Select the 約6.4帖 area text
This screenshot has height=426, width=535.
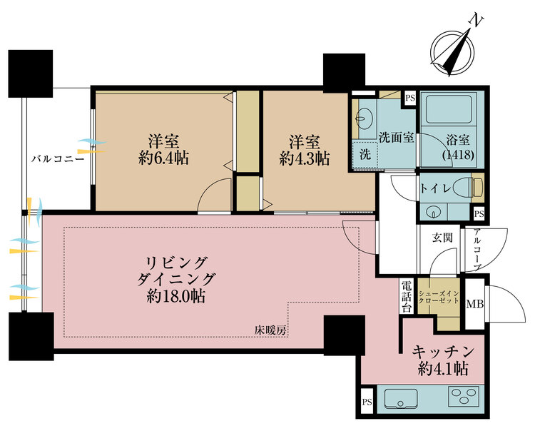163,158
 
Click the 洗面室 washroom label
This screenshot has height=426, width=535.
397,138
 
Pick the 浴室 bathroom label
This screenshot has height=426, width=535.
452,138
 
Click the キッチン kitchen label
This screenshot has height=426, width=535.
443,352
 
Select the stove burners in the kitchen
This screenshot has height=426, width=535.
465,396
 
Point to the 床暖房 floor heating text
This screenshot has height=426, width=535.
270,330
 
